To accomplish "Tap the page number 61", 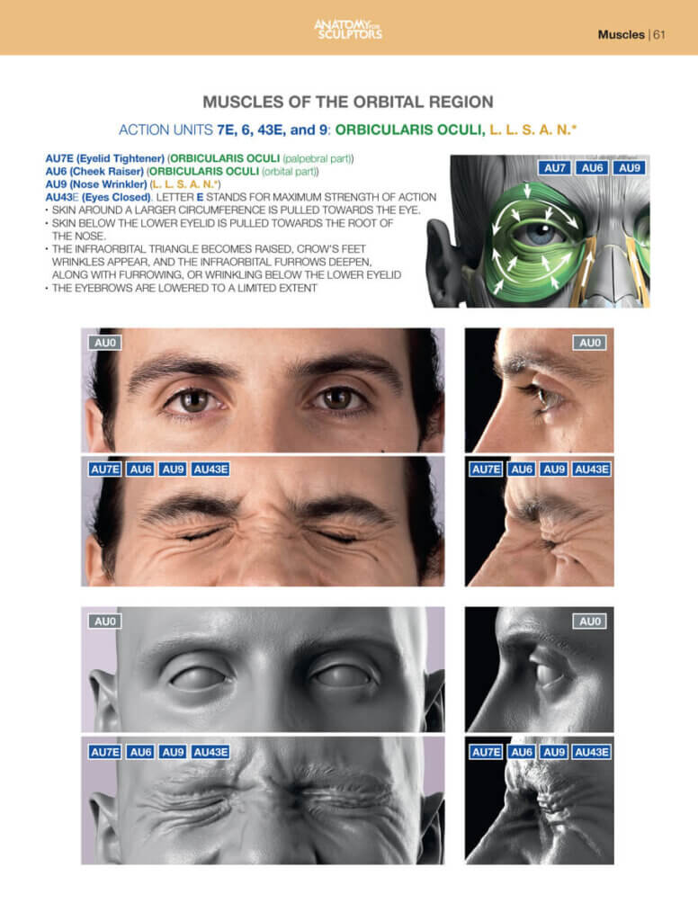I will click(x=659, y=35).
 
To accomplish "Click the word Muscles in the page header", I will click(x=621, y=35).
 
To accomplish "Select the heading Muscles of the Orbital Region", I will click(x=348, y=102).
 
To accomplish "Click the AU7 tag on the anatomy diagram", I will click(x=555, y=168).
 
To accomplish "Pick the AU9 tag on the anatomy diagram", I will click(x=629, y=168).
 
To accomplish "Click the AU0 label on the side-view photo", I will click(x=590, y=343).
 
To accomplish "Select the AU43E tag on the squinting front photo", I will click(x=210, y=469).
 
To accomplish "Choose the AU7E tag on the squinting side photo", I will click(x=486, y=469).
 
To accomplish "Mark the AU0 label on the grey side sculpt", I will click(x=590, y=621).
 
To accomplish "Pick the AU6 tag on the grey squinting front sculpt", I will click(x=140, y=752).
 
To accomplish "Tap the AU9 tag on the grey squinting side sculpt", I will click(x=554, y=752).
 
